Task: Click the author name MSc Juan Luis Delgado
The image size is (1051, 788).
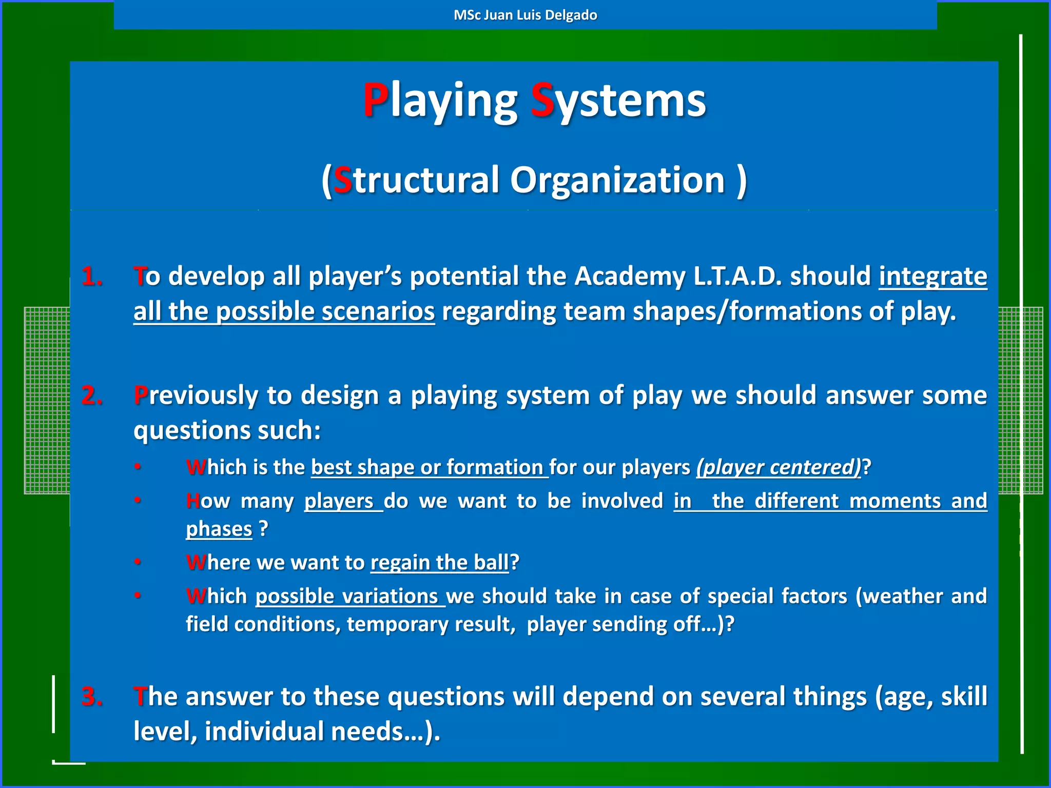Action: [525, 15]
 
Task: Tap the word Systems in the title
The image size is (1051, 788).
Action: [618, 101]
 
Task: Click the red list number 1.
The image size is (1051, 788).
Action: [92, 277]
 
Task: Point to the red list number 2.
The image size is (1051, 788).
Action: [92, 396]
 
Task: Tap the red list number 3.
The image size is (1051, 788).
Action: [92, 697]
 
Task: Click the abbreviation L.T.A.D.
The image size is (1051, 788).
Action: [737, 277]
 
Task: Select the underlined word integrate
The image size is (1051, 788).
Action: [932, 277]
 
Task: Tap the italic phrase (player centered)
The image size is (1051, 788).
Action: [778, 467]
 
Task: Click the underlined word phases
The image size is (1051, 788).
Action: [219, 529]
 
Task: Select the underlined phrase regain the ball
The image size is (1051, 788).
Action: [439, 563]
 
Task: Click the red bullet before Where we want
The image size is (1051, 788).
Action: [138, 562]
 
